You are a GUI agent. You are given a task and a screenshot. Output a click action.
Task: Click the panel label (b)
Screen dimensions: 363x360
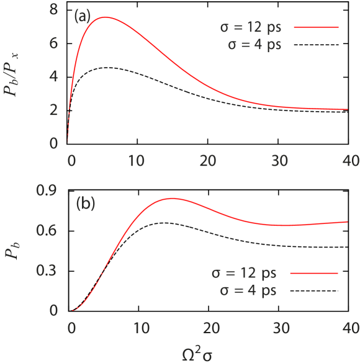click(85, 204)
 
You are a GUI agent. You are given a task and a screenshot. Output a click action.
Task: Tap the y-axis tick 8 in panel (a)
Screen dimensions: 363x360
click(54, 10)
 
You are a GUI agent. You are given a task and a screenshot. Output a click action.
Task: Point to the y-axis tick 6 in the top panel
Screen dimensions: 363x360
click(54, 43)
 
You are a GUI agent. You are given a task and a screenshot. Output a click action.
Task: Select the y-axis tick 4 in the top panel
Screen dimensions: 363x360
click(54, 77)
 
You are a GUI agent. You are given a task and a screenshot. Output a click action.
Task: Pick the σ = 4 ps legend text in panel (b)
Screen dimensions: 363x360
click(248, 290)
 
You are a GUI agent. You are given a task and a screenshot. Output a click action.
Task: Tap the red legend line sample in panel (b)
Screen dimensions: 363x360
click(313, 273)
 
